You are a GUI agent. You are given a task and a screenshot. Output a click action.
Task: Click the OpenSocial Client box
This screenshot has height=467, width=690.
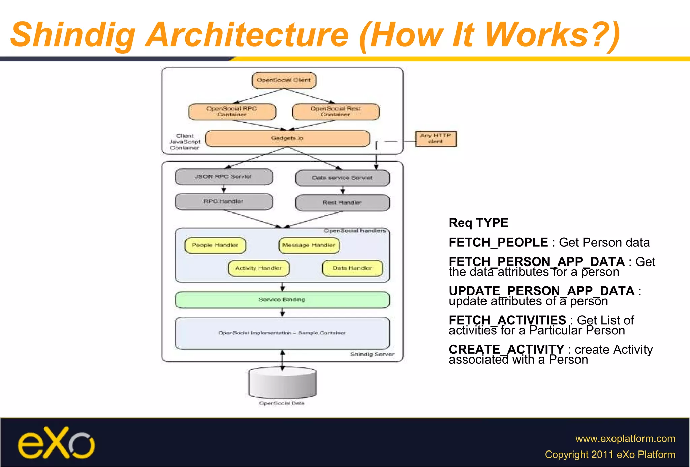coord(284,80)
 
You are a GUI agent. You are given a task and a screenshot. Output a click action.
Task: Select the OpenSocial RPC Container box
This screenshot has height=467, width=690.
coord(232,112)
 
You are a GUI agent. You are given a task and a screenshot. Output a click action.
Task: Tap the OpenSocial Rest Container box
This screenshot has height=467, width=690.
coord(336,112)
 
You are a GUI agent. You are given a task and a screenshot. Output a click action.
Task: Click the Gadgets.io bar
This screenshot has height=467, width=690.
coord(287,138)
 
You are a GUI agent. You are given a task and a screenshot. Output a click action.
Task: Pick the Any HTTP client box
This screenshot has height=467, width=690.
coord(435,138)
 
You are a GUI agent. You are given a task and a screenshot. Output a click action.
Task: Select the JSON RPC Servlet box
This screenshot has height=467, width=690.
coord(223,177)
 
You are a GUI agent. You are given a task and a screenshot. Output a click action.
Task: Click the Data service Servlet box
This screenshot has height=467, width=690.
coord(342,178)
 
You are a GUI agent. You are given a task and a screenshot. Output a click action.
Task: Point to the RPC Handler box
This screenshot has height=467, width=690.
coord(223,201)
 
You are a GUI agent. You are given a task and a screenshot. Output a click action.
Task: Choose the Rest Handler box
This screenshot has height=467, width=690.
coord(342,203)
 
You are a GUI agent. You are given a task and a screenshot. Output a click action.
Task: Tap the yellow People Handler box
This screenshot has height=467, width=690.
coord(215,245)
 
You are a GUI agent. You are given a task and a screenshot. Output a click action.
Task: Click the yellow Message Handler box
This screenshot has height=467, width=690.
coord(309,245)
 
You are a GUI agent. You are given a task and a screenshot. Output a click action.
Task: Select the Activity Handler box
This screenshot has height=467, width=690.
coord(258,268)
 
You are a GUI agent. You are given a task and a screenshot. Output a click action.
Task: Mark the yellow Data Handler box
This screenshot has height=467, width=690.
coord(352,268)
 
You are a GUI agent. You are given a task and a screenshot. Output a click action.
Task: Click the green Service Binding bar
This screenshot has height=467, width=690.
coord(282,300)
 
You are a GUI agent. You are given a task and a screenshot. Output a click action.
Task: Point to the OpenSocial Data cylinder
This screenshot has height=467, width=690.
coord(282,383)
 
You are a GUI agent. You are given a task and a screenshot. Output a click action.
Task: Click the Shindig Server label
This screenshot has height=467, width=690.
coord(372,354)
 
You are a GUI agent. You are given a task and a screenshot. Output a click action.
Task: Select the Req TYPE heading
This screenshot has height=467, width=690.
coord(478,223)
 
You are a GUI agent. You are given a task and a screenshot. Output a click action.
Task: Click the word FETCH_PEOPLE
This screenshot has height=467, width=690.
coord(498,242)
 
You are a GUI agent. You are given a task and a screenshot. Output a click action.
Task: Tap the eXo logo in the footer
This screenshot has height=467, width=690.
coord(56,443)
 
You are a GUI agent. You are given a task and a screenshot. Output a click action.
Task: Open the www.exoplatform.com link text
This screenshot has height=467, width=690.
coord(625,438)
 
